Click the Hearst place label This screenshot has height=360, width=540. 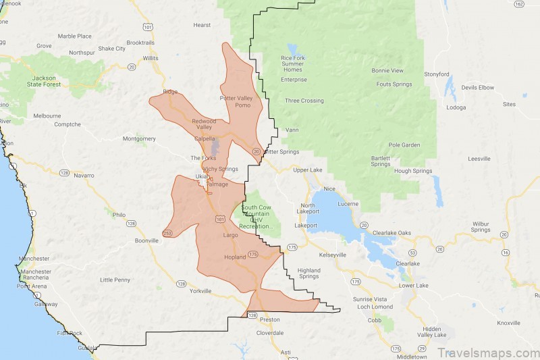point(201,25)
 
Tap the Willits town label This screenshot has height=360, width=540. point(151,58)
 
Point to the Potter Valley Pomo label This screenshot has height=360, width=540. point(236,101)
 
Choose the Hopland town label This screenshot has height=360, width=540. point(234,257)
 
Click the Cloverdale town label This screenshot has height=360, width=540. point(271,333)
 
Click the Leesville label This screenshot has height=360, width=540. point(479,159)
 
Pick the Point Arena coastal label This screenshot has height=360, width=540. point(32,286)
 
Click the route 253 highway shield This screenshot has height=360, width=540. point(167,234)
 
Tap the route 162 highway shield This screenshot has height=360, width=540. point(518,4)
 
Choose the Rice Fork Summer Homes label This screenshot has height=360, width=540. point(293,63)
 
